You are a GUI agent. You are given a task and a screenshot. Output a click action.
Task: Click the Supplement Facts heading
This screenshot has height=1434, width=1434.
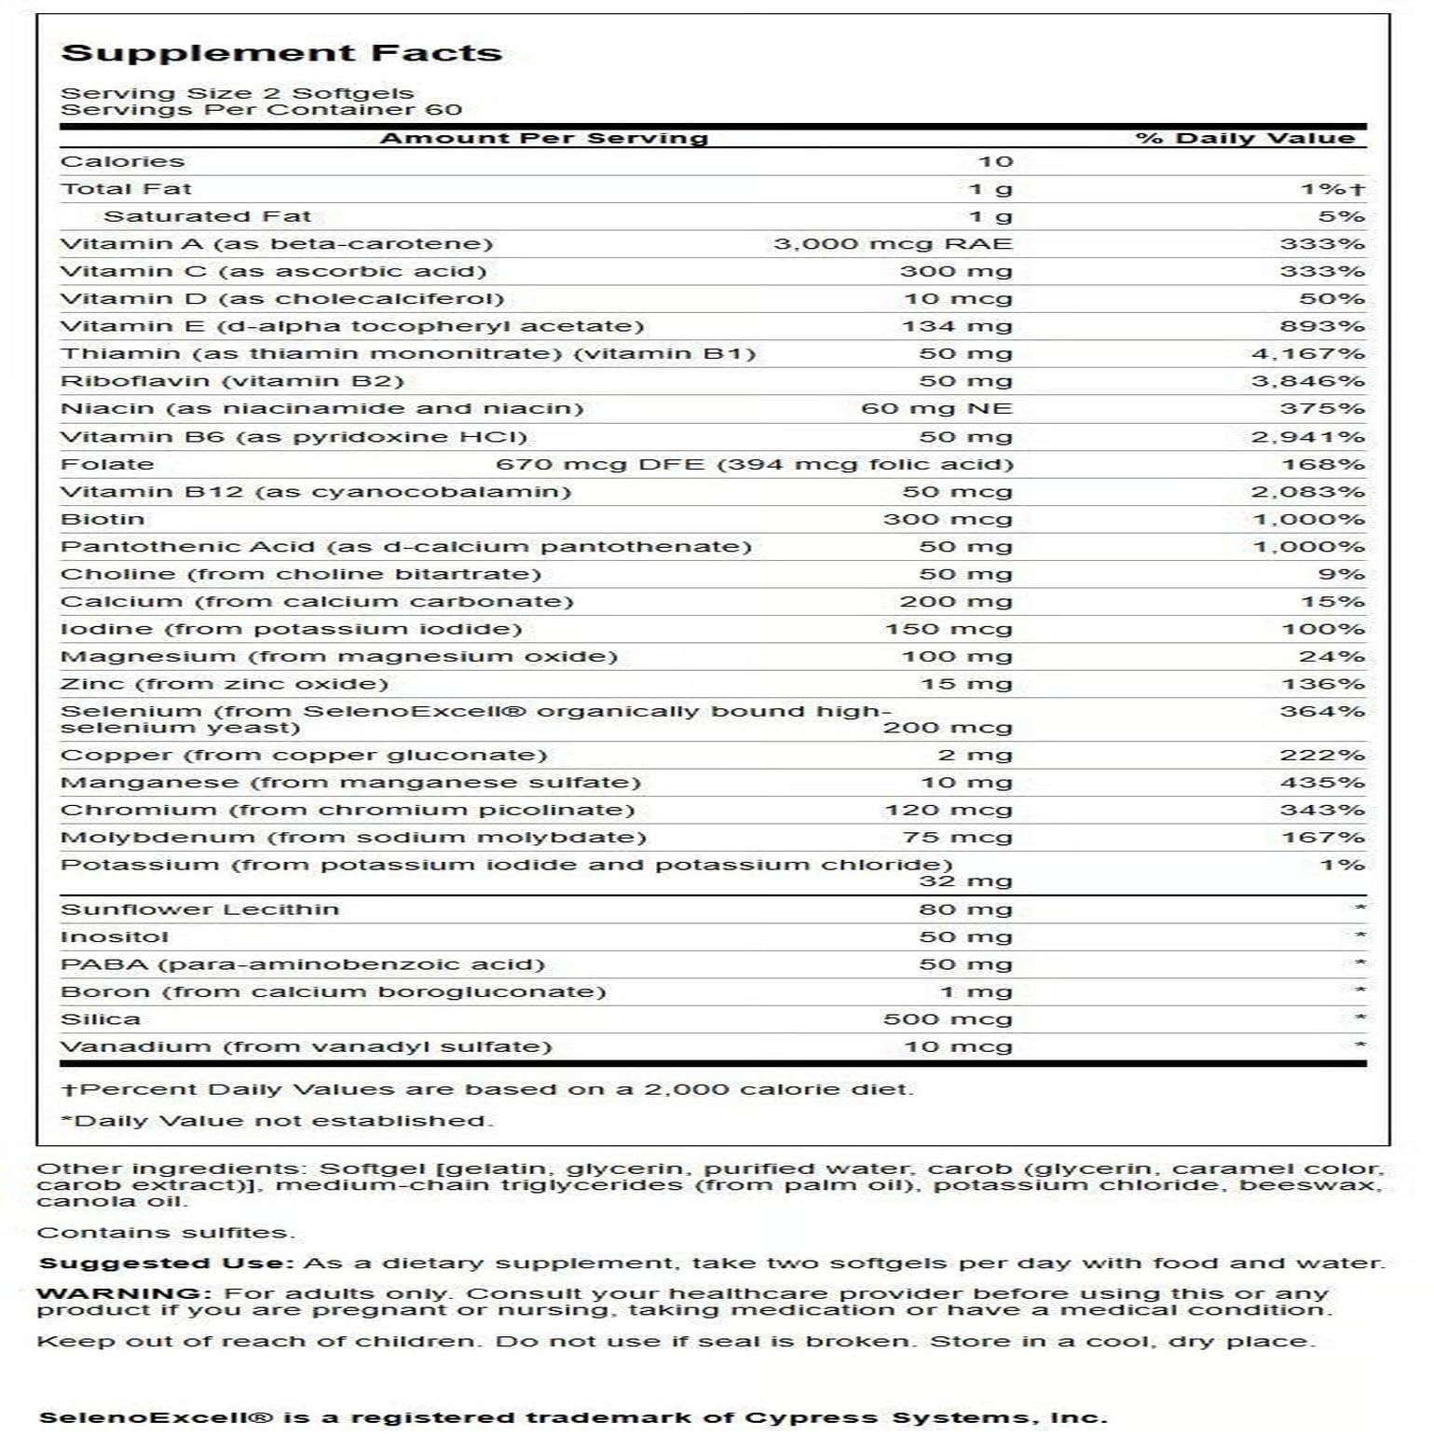(281, 53)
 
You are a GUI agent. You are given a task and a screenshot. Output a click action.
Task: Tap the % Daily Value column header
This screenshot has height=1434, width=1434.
(1245, 139)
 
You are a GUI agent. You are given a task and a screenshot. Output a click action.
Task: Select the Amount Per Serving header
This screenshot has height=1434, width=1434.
(544, 139)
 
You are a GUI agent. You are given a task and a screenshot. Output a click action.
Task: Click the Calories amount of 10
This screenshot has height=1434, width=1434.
(995, 162)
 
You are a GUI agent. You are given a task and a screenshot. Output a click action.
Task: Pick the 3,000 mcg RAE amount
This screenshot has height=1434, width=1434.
(893, 244)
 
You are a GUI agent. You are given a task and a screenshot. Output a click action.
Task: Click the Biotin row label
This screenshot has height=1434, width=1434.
(102, 519)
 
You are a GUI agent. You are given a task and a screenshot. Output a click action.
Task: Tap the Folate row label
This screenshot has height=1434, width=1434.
(107, 464)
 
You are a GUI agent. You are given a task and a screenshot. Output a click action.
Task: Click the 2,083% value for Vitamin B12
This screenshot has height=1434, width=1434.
(1307, 492)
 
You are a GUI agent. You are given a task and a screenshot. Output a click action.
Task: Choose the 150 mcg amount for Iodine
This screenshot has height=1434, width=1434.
(948, 629)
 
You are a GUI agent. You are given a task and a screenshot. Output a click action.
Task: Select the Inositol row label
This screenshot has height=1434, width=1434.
(115, 937)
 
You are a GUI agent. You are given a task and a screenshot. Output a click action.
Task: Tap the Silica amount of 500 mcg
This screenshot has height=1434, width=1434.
(948, 1019)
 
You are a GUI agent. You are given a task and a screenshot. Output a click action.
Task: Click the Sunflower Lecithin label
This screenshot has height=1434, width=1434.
(199, 909)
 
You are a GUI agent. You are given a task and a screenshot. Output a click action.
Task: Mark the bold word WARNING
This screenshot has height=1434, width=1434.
(118, 1294)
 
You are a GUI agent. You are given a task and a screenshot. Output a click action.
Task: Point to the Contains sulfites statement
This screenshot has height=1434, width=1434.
(165, 1233)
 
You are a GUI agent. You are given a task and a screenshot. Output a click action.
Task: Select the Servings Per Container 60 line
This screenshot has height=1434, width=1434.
(261, 110)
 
